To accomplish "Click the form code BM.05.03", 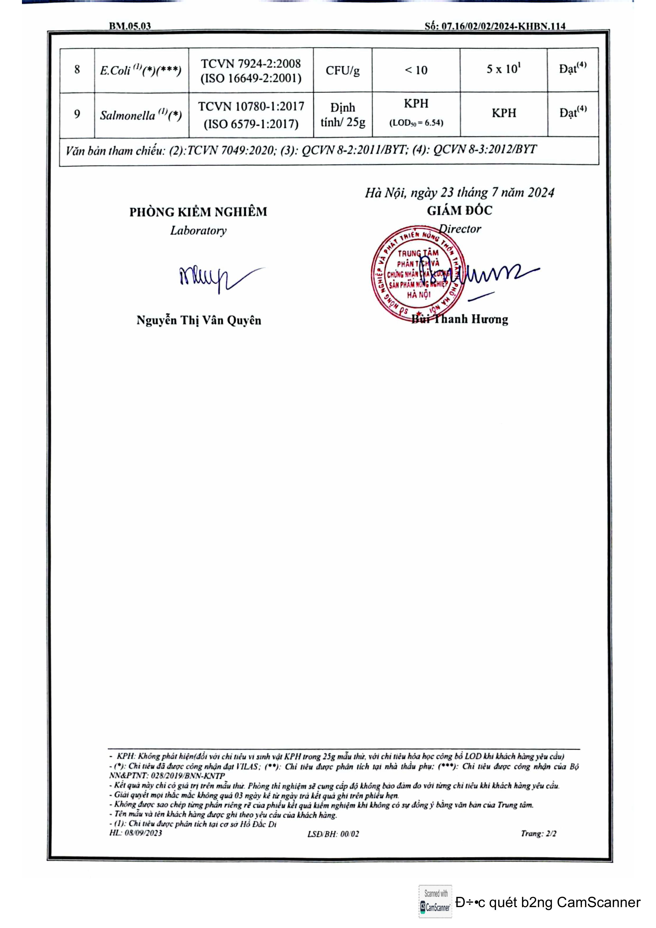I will pyautogui.click(x=130, y=26).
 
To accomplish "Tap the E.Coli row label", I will pyautogui.click(x=140, y=70).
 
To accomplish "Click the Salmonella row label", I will pyautogui.click(x=141, y=115).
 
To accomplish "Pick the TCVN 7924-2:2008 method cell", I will pyautogui.click(x=251, y=71).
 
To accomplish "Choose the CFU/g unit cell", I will pyautogui.click(x=342, y=71).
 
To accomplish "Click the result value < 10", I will pyautogui.click(x=416, y=70).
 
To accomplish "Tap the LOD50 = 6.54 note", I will pyautogui.click(x=416, y=123).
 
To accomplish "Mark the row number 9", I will pyautogui.click(x=77, y=115).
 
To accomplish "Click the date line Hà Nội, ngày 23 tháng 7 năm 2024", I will pyautogui.click(x=459, y=193).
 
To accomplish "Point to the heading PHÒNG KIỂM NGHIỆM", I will pyautogui.click(x=198, y=212).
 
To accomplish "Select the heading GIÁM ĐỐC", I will pyautogui.click(x=459, y=211).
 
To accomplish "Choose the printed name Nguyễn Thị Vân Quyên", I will pyautogui.click(x=198, y=321).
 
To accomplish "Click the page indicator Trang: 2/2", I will pyautogui.click(x=538, y=833).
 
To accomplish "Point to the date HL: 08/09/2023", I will pyautogui.click(x=135, y=833).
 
